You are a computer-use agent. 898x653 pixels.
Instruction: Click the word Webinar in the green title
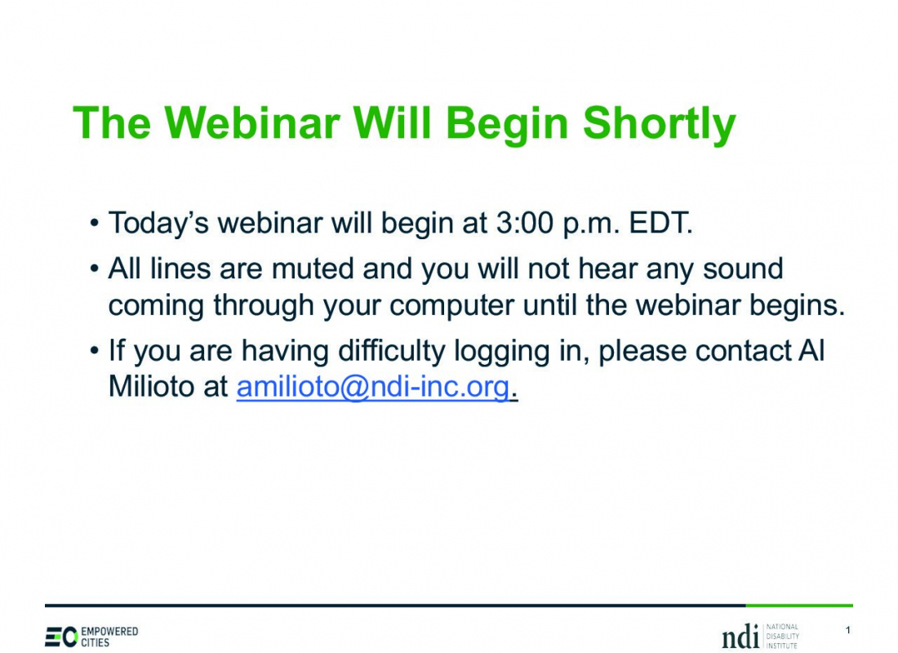(252, 122)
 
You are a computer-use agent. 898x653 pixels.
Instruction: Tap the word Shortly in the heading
(659, 126)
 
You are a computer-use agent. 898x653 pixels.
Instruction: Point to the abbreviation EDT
(661, 222)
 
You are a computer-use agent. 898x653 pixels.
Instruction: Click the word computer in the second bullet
(452, 306)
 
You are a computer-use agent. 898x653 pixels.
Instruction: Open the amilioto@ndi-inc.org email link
(373, 388)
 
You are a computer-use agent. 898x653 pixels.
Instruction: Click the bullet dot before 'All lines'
(95, 269)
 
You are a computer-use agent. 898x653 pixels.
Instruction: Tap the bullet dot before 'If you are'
(95, 350)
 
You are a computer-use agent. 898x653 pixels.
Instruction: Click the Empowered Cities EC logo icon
(61, 637)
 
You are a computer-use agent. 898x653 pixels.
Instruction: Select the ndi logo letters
(740, 637)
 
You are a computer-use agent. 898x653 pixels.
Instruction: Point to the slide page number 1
(847, 630)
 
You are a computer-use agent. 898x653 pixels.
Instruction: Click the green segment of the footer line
(799, 605)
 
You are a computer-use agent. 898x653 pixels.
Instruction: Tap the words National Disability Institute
(782, 637)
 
